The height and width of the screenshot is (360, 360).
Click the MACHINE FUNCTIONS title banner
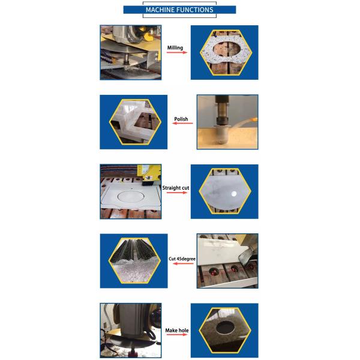pos(179,10)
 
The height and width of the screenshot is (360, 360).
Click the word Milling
pos(175,48)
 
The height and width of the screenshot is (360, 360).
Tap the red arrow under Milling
pos(177,53)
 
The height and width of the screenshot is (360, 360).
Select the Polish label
pos(181,119)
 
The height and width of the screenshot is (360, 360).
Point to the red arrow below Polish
pos(183,123)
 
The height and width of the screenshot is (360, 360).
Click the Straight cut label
pos(176,188)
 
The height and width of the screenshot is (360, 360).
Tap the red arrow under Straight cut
pos(177,193)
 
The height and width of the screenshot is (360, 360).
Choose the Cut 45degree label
pos(182,259)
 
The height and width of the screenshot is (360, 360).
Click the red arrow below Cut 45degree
pos(183,263)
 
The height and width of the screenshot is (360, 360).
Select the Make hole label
pos(177,331)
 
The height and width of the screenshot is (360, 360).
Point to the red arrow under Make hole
pos(177,335)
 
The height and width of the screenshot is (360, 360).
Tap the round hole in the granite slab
pos(225,328)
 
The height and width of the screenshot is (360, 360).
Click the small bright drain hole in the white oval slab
pos(234,194)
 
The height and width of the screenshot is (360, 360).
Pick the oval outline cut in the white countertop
pos(131,196)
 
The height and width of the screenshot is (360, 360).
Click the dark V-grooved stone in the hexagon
pos(134,248)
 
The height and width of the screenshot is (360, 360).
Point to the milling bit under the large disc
pos(126,61)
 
